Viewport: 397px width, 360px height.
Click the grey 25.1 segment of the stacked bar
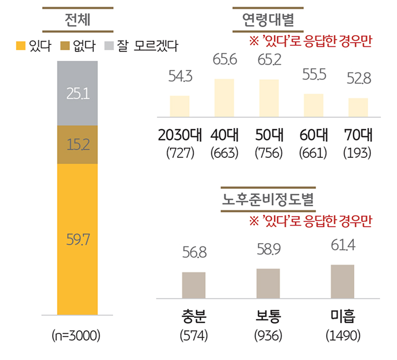coord(77,93)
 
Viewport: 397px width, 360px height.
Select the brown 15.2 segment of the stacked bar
coord(77,145)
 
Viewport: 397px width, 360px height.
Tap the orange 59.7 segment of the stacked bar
coord(77,239)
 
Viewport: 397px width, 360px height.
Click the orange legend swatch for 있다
coord(21,46)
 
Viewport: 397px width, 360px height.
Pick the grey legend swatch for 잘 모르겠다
coord(109,46)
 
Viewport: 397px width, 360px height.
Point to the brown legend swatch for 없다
coord(66,46)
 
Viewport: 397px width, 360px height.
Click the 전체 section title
coord(78,21)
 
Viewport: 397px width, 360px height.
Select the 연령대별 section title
coord(268,21)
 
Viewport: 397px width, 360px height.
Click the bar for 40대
coord(224,98)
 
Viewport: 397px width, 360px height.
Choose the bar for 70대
coord(358,107)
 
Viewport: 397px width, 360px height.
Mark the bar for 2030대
coord(179,106)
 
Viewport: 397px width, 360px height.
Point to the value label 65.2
coord(269,60)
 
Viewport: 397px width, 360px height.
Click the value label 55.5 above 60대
coord(313,75)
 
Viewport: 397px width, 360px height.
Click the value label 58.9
coord(268,250)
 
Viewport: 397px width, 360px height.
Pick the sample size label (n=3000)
coord(77,337)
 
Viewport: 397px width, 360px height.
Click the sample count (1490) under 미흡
coord(343,336)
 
